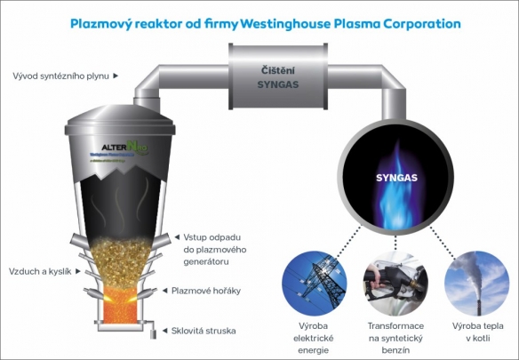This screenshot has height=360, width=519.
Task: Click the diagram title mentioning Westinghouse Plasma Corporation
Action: pos(265,23)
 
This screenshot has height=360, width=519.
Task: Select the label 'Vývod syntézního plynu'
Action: pos(61,76)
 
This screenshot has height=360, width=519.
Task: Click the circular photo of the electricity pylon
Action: pos(314,279)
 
